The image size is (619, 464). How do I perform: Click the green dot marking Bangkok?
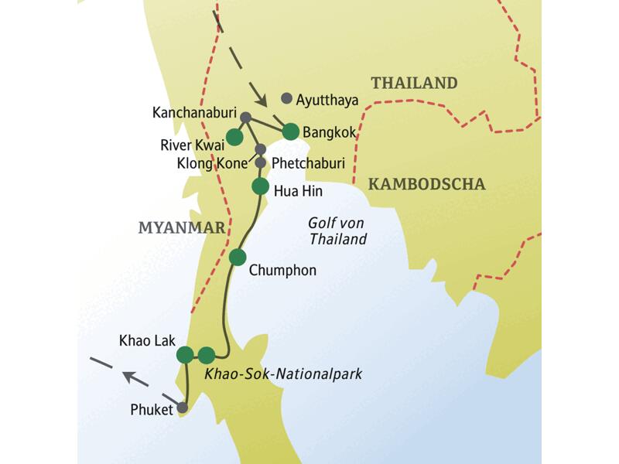[x=291, y=131]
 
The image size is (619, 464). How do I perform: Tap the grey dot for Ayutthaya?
[x=287, y=98]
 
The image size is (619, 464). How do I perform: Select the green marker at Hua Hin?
[x=260, y=186]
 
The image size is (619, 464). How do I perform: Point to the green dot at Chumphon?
[x=238, y=257]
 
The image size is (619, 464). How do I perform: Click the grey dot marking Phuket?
[x=183, y=407]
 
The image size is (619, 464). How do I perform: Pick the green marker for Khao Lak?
[x=185, y=355]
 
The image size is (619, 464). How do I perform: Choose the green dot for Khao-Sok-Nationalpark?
[x=206, y=355]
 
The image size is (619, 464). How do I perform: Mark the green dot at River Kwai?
[x=234, y=137]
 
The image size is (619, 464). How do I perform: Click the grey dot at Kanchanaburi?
[x=245, y=118]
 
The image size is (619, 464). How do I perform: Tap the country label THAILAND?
[x=414, y=84]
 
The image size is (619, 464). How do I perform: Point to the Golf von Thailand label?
[x=338, y=231]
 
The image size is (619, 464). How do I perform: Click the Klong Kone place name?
[x=212, y=162]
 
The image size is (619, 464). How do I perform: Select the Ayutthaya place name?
[x=328, y=99]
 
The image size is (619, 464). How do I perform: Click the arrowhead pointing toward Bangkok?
[x=262, y=101]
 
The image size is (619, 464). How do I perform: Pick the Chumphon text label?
[x=282, y=271]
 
